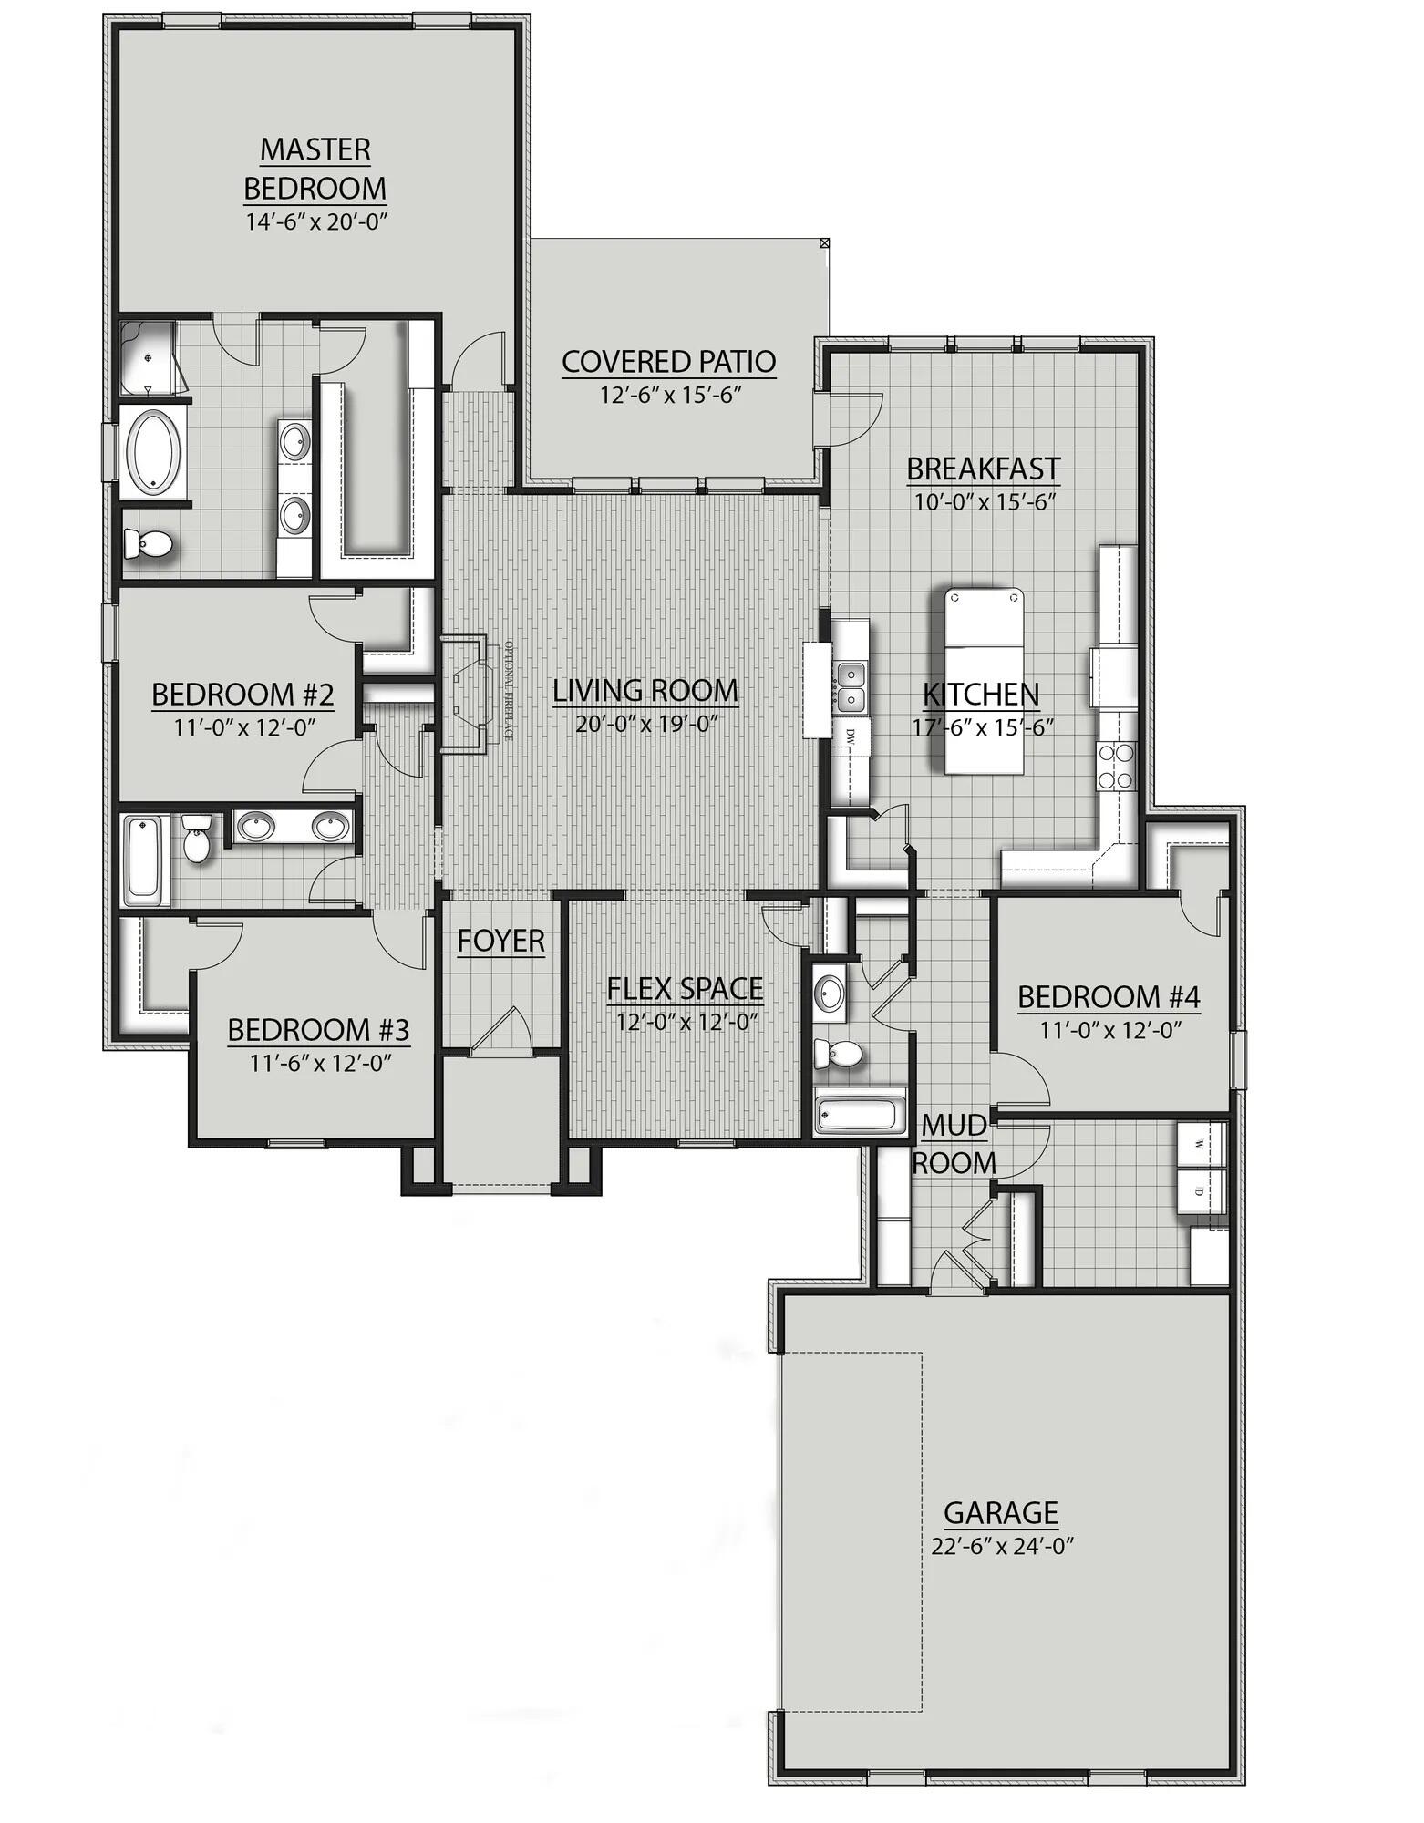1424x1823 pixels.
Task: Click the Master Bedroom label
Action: click(315, 169)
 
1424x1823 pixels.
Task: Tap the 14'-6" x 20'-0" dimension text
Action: click(316, 221)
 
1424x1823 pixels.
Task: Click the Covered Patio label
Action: click(668, 362)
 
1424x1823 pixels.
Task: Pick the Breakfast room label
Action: click(983, 469)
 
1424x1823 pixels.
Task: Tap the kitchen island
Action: click(984, 681)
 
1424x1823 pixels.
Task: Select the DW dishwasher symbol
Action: click(851, 735)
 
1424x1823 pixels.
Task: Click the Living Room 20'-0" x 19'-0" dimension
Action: click(644, 725)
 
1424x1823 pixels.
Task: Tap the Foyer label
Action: click(500, 941)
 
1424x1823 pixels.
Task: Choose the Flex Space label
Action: click(685, 988)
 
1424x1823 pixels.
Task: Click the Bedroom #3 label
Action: click(318, 1030)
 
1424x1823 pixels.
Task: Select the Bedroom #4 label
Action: click(1109, 997)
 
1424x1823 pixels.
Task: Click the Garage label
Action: click(1000, 1513)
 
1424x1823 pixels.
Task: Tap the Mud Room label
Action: click(954, 1145)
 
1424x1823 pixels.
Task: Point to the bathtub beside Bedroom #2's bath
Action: click(144, 859)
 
